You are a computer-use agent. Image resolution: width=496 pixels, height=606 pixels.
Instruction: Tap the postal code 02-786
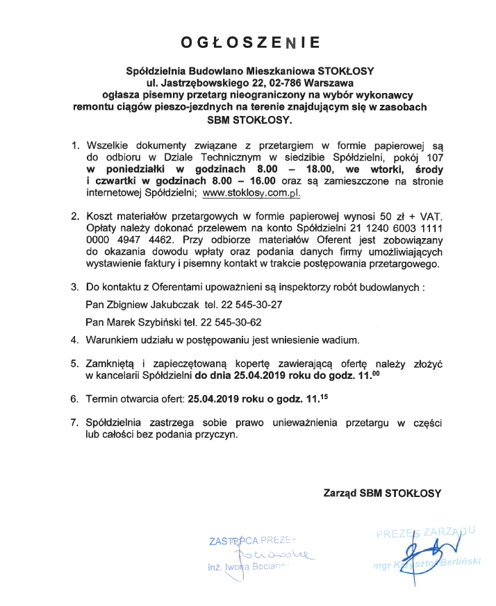[x=256, y=82]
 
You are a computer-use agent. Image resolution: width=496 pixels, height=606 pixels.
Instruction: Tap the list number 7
[x=76, y=422]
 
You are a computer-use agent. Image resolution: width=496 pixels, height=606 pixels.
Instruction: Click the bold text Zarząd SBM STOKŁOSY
[x=381, y=494]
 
